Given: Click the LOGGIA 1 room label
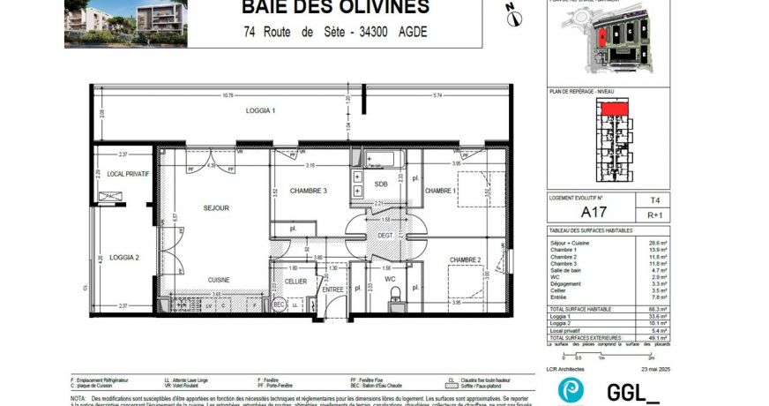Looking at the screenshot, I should pyautogui.click(x=260, y=110).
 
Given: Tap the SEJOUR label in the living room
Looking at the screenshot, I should pyautogui.click(x=216, y=208).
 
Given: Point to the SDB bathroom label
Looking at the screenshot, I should pyautogui.click(x=381, y=184).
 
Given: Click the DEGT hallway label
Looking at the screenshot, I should pyautogui.click(x=385, y=236).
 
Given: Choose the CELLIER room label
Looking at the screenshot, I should pyautogui.click(x=295, y=282).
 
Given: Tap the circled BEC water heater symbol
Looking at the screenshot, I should pyautogui.click(x=279, y=304).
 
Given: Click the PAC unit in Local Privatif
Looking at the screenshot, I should pyautogui.click(x=113, y=196).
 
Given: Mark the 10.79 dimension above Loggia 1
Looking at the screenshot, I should pyautogui.click(x=228, y=95).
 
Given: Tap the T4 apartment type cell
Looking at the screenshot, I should pyautogui.click(x=653, y=201).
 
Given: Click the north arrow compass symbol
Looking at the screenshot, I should pyautogui.click(x=511, y=12).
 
